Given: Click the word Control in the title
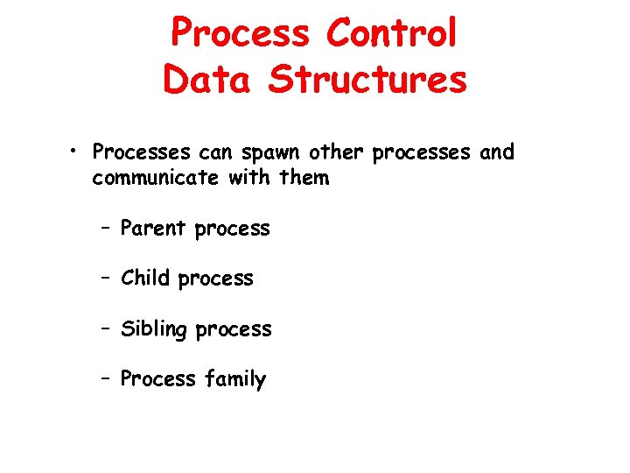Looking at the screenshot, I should [391, 33].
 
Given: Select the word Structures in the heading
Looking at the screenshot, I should [367, 79].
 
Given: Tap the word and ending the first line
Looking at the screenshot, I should [497, 152].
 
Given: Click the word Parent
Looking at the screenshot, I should [153, 229].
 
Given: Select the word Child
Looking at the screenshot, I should [146, 279].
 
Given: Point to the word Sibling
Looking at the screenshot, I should [154, 329].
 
